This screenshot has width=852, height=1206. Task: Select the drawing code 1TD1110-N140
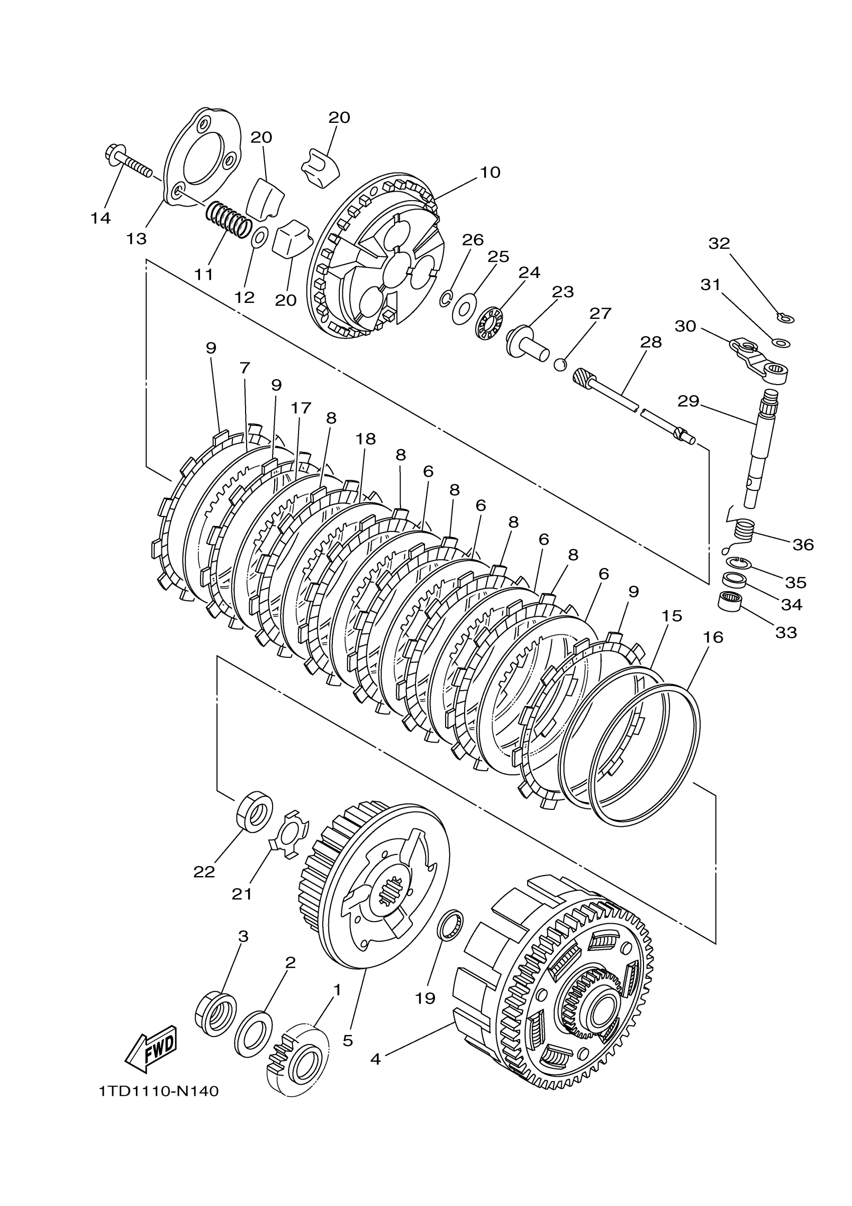(158, 1092)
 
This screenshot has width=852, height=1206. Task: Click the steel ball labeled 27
(561, 365)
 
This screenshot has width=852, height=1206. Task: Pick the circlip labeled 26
(446, 298)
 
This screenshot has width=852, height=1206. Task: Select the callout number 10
(490, 173)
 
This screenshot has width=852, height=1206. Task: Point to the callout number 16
(713, 637)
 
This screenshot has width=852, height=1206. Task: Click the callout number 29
(688, 401)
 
